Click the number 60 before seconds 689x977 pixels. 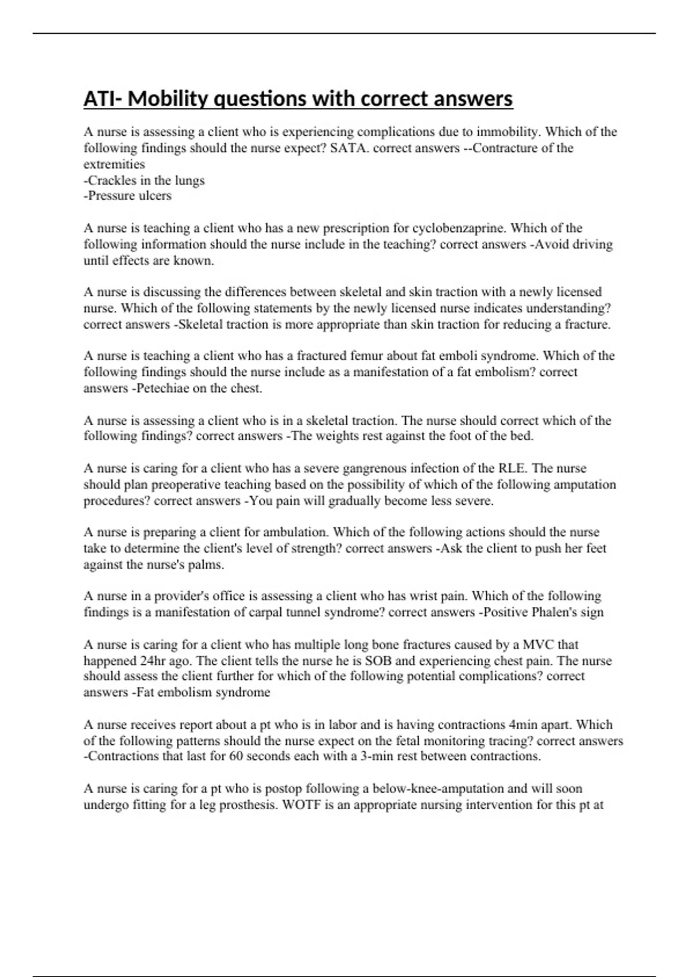pyautogui.click(x=236, y=756)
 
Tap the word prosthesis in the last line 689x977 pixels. pyautogui.click(x=247, y=805)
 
